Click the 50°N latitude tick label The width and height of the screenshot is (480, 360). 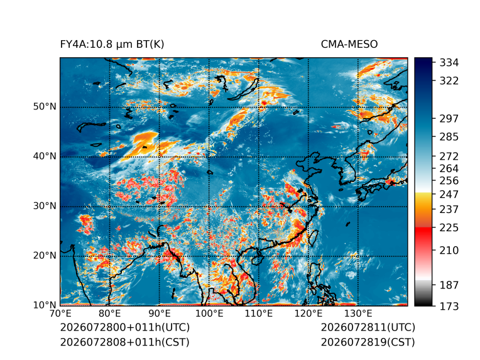45,107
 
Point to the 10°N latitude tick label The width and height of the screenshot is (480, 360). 45,305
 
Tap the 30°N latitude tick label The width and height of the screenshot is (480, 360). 45,206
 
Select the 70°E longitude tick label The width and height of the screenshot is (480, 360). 60,314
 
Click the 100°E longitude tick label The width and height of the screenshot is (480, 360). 209,314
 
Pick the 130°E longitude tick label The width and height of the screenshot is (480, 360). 358,314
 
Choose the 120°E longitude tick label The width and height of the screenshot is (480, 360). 308,314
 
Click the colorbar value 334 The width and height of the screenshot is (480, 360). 449,63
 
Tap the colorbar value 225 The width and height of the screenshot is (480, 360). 449,228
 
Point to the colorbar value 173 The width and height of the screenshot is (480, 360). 449,306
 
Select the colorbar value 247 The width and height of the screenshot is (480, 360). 449,194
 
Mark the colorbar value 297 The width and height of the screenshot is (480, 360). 449,119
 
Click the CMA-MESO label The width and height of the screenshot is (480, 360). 349,45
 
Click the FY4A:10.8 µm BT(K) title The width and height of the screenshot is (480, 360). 112,45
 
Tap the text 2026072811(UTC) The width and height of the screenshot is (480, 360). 368,327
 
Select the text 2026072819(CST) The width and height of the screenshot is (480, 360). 368,342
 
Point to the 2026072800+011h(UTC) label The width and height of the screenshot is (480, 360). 125,327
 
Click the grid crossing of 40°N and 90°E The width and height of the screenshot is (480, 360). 160,156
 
